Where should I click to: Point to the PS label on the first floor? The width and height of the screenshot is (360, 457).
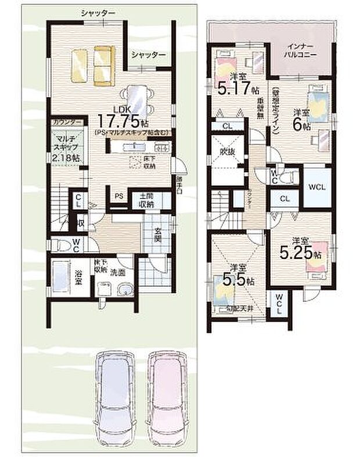118,196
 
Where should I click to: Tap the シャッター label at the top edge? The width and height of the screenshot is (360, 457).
98,13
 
